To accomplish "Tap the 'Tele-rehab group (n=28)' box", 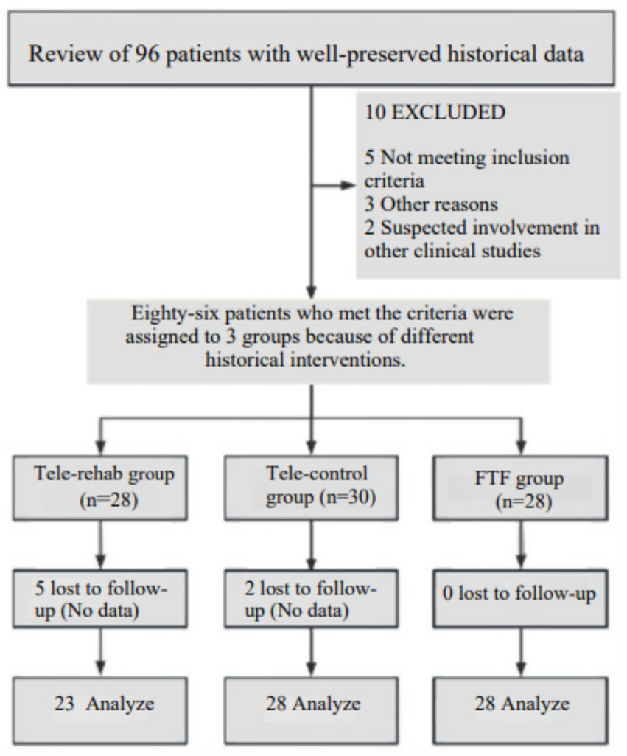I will (x=104, y=488).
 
